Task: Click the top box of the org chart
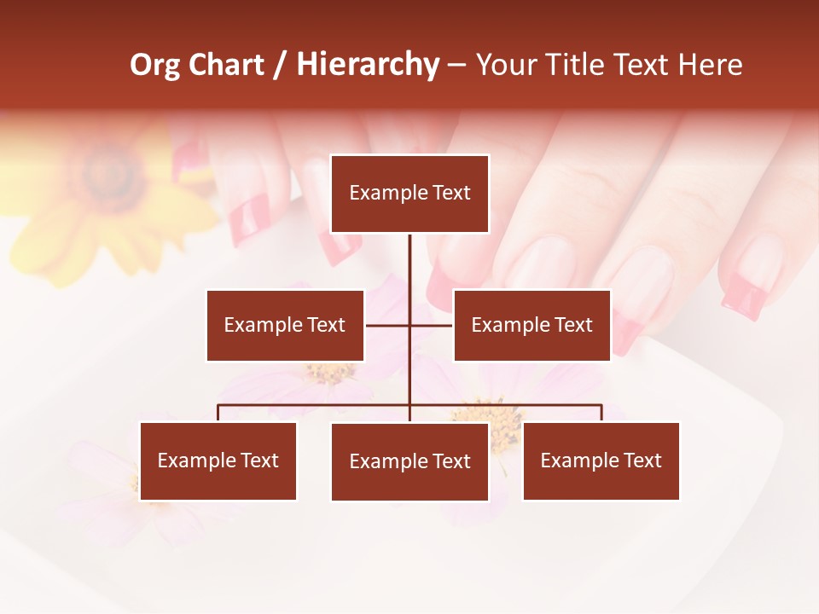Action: tap(409, 194)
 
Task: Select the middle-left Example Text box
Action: tap(285, 325)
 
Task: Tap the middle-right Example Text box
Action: tap(531, 325)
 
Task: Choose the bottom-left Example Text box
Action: tap(218, 460)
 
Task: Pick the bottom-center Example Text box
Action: tap(409, 461)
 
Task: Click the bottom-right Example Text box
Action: tap(601, 460)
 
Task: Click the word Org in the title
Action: tap(154, 65)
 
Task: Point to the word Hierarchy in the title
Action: tap(368, 65)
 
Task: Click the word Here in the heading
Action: tap(710, 65)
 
